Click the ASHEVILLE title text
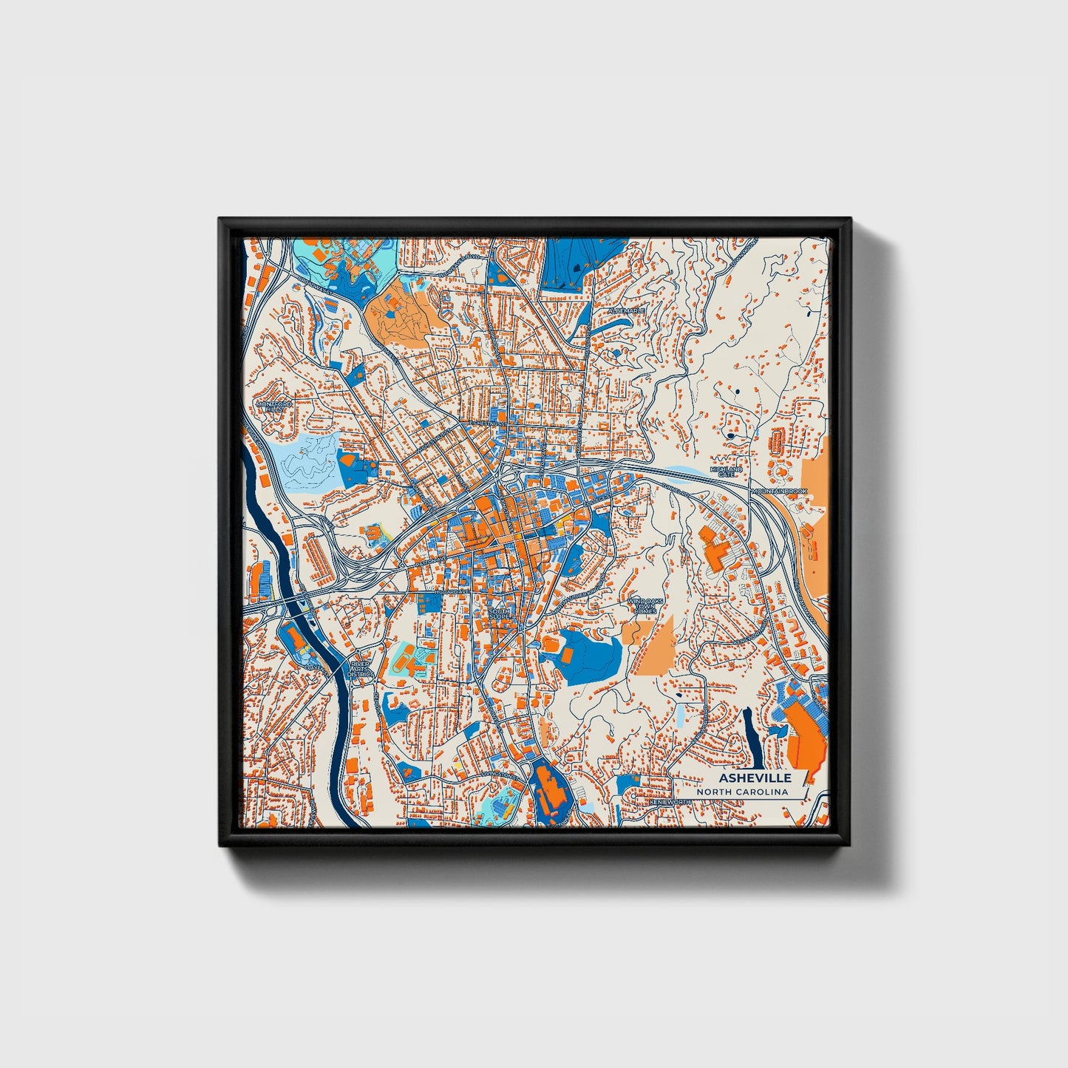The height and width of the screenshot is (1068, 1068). click(755, 778)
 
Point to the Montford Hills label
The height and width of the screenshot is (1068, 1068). click(273, 407)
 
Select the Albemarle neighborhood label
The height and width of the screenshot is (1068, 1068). click(627, 311)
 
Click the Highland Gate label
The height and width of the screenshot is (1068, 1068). click(725, 472)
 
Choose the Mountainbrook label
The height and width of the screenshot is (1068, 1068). click(780, 491)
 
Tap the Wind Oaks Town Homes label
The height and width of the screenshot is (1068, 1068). click(642, 606)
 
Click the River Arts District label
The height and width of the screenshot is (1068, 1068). click(361, 670)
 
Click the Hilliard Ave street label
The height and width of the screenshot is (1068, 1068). click(452, 593)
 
